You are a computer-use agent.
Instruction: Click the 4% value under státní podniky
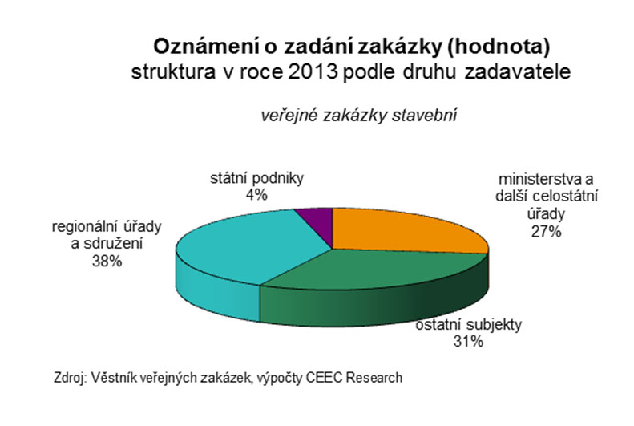coord(256,196)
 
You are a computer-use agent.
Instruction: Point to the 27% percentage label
coord(547,232)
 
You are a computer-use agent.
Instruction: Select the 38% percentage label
coord(107,262)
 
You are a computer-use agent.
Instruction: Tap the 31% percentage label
coord(469,342)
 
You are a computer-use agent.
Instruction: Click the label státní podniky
coord(256,178)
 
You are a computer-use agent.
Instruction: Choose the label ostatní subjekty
coord(469,324)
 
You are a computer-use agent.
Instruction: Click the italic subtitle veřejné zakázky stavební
coord(358,116)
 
